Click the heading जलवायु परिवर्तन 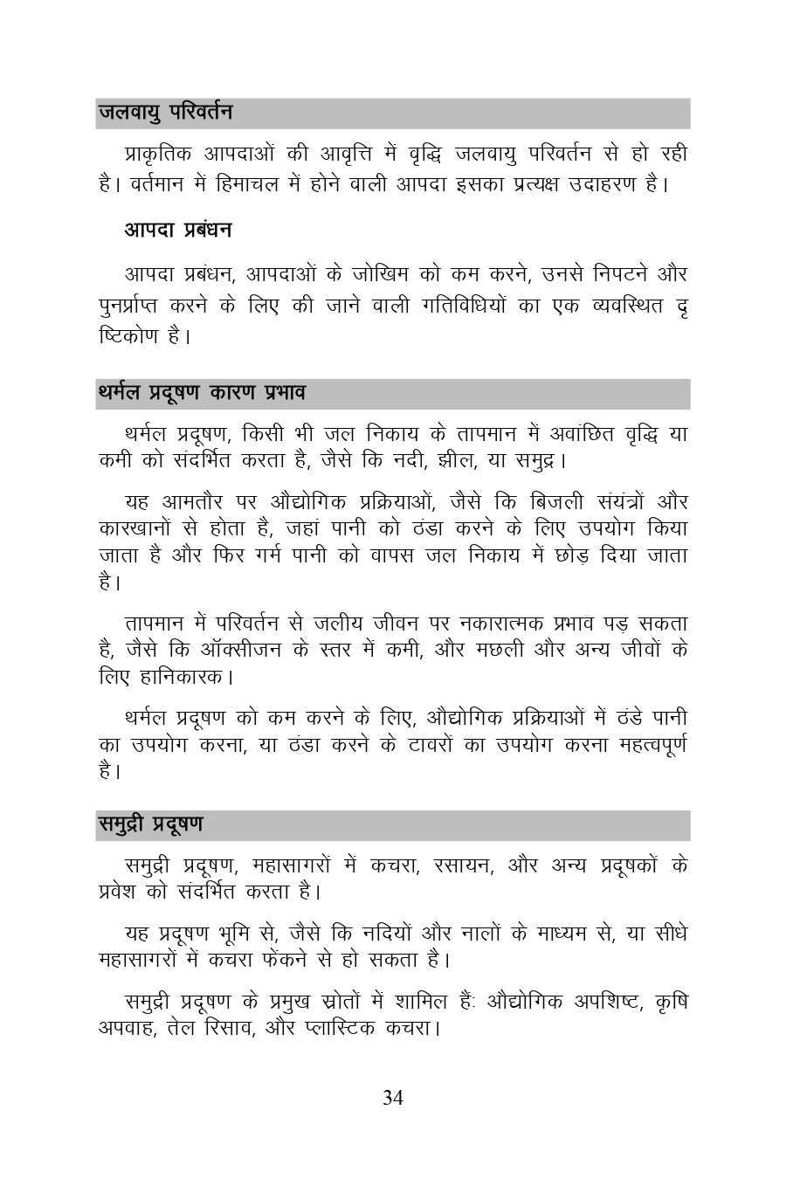tap(166, 113)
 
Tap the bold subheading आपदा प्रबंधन tap(178, 231)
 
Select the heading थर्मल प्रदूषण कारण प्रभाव tap(202, 393)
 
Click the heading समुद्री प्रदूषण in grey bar tap(150, 824)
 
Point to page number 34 tap(393, 1098)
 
